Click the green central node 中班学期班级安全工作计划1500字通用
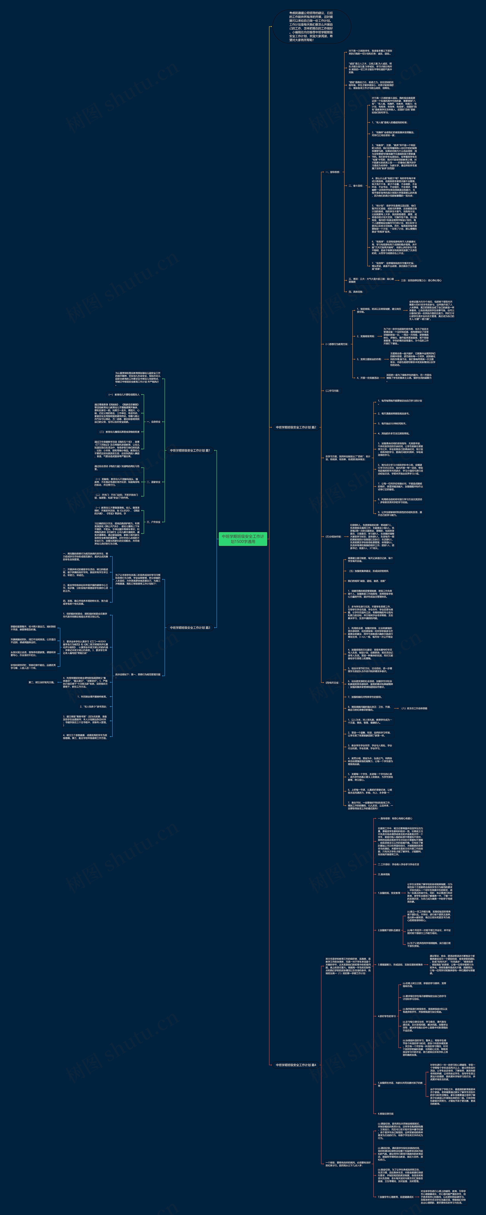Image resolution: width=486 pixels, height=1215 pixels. pyautogui.click(x=243, y=539)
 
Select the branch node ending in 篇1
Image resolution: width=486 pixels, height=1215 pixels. pyautogui.click(x=190, y=450)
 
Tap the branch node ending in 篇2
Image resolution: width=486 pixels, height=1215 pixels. pyautogui.click(x=296, y=427)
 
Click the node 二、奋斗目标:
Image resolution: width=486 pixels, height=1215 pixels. pyautogui.click(x=355, y=186)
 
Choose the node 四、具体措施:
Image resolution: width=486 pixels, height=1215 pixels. pyautogui.click(x=355, y=292)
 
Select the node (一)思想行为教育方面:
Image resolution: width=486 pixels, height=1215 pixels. pyautogui.click(x=337, y=344)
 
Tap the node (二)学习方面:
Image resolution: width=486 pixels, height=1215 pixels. pyautogui.click(x=332, y=391)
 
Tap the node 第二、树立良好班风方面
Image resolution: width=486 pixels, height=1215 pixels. pyautogui.click(x=42, y=682)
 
